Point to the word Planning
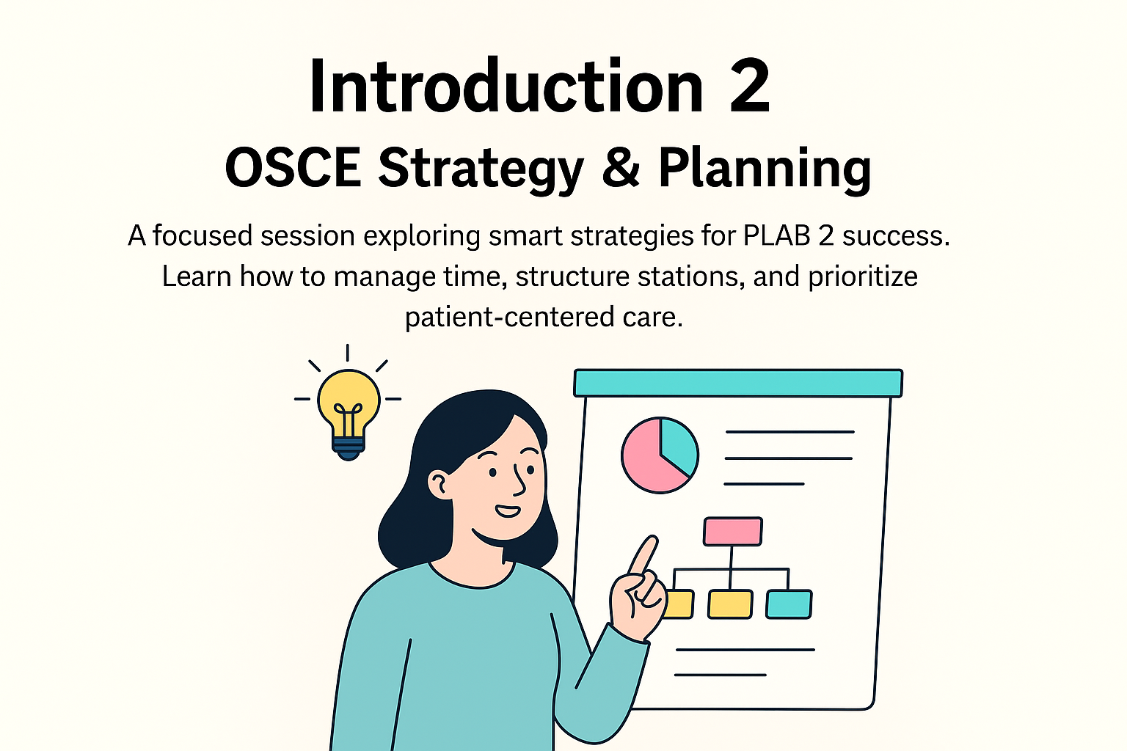pos(765,170)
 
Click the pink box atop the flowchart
pos(732,531)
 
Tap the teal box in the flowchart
pos(789,604)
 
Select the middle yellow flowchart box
pos(730,604)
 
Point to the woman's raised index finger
pos(644,556)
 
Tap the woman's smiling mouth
pos(508,511)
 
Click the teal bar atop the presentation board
pos(738,384)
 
